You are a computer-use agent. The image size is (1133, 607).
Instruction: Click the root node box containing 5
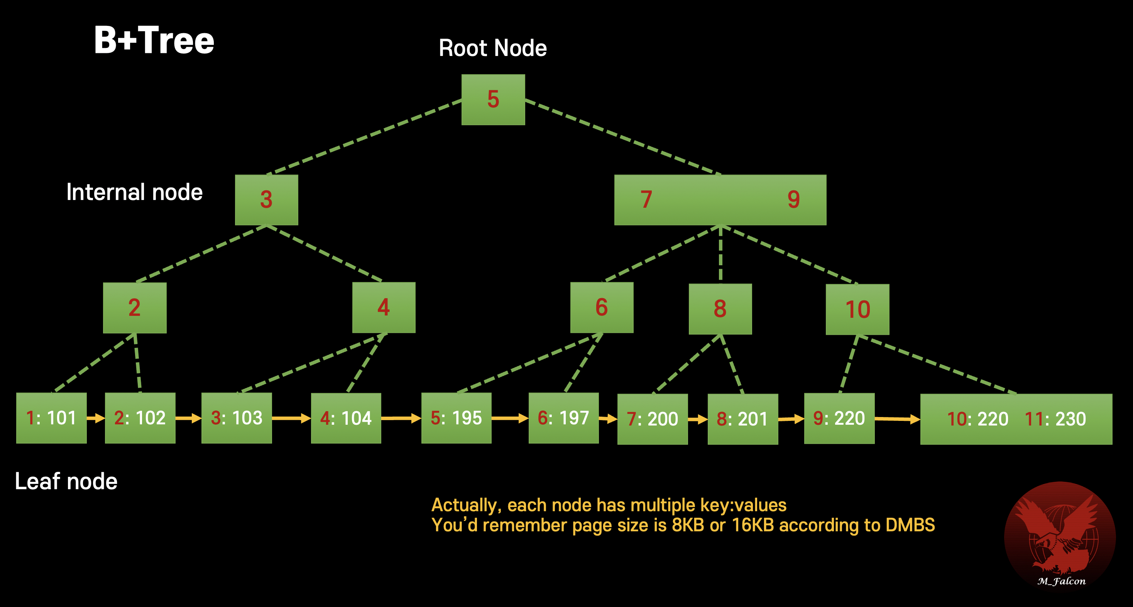(493, 100)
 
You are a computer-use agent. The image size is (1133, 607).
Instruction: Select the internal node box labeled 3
(266, 200)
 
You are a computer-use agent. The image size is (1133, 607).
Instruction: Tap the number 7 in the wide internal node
(646, 200)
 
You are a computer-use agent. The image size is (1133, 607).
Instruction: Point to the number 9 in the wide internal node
(793, 200)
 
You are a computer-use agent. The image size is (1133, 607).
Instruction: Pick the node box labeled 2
(135, 308)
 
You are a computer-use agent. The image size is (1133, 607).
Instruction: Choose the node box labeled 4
(384, 307)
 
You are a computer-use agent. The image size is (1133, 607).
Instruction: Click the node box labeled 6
(602, 307)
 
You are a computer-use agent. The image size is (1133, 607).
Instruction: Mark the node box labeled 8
(720, 309)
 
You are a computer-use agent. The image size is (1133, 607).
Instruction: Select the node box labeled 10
(857, 309)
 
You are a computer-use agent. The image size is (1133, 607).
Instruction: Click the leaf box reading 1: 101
(51, 418)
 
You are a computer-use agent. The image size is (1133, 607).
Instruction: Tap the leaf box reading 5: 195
(456, 418)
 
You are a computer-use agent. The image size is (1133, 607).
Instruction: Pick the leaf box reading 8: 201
(742, 419)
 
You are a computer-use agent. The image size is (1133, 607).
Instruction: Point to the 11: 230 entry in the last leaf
(1055, 419)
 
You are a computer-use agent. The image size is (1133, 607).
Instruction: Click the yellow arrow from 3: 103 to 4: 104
(291, 418)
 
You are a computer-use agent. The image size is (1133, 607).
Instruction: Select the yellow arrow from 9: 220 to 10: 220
(897, 419)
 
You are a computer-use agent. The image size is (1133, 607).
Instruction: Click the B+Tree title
(154, 41)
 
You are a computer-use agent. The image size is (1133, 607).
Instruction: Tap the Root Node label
(493, 48)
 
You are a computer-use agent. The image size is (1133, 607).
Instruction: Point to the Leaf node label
(66, 481)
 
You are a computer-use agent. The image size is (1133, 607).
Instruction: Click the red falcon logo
(1060, 535)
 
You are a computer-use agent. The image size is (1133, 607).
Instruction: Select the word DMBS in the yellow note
(910, 525)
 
